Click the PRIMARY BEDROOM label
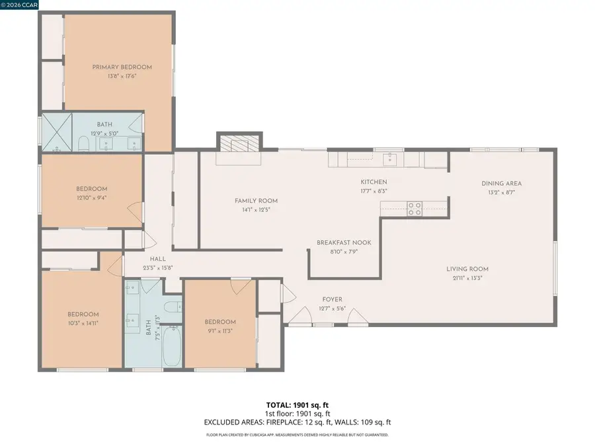[x=122, y=67]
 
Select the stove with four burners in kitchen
[x=415, y=209]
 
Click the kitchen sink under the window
[x=390, y=158]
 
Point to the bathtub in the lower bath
[x=172, y=345]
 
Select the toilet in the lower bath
[x=172, y=307]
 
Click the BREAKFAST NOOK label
[x=343, y=242]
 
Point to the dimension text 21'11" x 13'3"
[x=467, y=278]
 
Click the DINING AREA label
[x=501, y=183]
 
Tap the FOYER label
[x=333, y=300]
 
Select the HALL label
[x=157, y=259]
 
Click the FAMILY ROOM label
[x=256, y=201]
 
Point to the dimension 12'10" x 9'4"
[x=91, y=197]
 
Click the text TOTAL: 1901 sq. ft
[x=297, y=404]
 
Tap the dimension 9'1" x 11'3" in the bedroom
[x=219, y=331]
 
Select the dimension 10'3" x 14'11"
[x=83, y=324]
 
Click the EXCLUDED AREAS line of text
[x=297, y=422]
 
